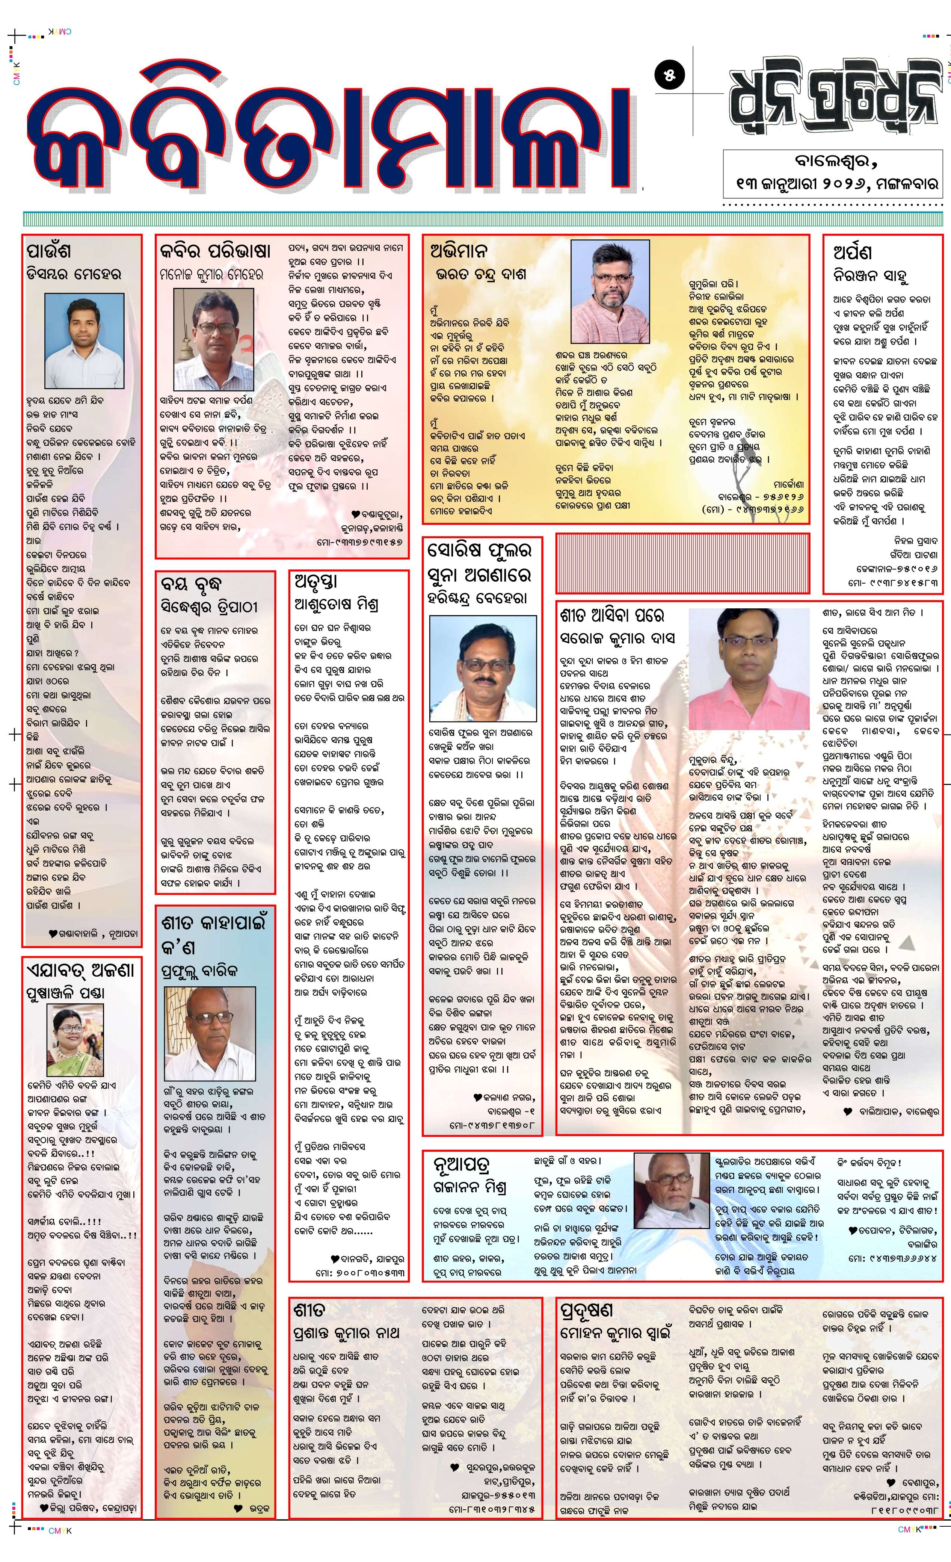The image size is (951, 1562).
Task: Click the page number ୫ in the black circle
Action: [x=670, y=75]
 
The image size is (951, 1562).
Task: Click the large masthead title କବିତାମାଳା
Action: [x=329, y=127]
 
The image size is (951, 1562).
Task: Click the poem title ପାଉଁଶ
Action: [x=49, y=250]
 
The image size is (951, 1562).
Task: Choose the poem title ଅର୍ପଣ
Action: [x=852, y=252]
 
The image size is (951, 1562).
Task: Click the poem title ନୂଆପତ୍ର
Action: [x=462, y=1164]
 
